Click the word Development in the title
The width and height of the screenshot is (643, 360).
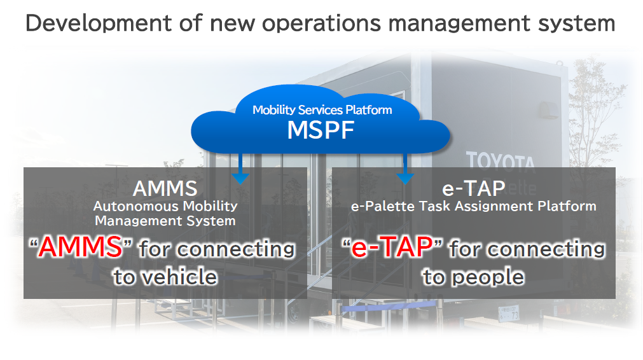(99, 24)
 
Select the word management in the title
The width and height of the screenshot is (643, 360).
(459, 24)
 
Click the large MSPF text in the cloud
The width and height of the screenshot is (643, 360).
(321, 130)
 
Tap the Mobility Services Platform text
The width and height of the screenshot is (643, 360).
(322, 110)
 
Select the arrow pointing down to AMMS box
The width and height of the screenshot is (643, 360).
(240, 169)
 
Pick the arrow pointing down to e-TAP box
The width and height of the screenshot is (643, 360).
(404, 169)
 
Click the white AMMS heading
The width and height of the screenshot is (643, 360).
(165, 189)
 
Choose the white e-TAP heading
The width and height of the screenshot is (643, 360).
(474, 189)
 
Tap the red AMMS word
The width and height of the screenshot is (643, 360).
(81, 247)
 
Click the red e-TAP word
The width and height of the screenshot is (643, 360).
(392, 247)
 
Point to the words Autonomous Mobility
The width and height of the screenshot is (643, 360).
(165, 206)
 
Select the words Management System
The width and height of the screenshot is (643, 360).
(165, 221)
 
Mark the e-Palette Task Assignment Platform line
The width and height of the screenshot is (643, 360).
(474, 206)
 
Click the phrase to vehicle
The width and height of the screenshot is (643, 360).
(165, 277)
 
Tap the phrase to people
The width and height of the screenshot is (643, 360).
(474, 277)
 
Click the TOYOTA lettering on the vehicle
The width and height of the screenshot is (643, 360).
(501, 161)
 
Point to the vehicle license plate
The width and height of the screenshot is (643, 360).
(509, 314)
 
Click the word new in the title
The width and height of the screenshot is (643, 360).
(232, 25)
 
